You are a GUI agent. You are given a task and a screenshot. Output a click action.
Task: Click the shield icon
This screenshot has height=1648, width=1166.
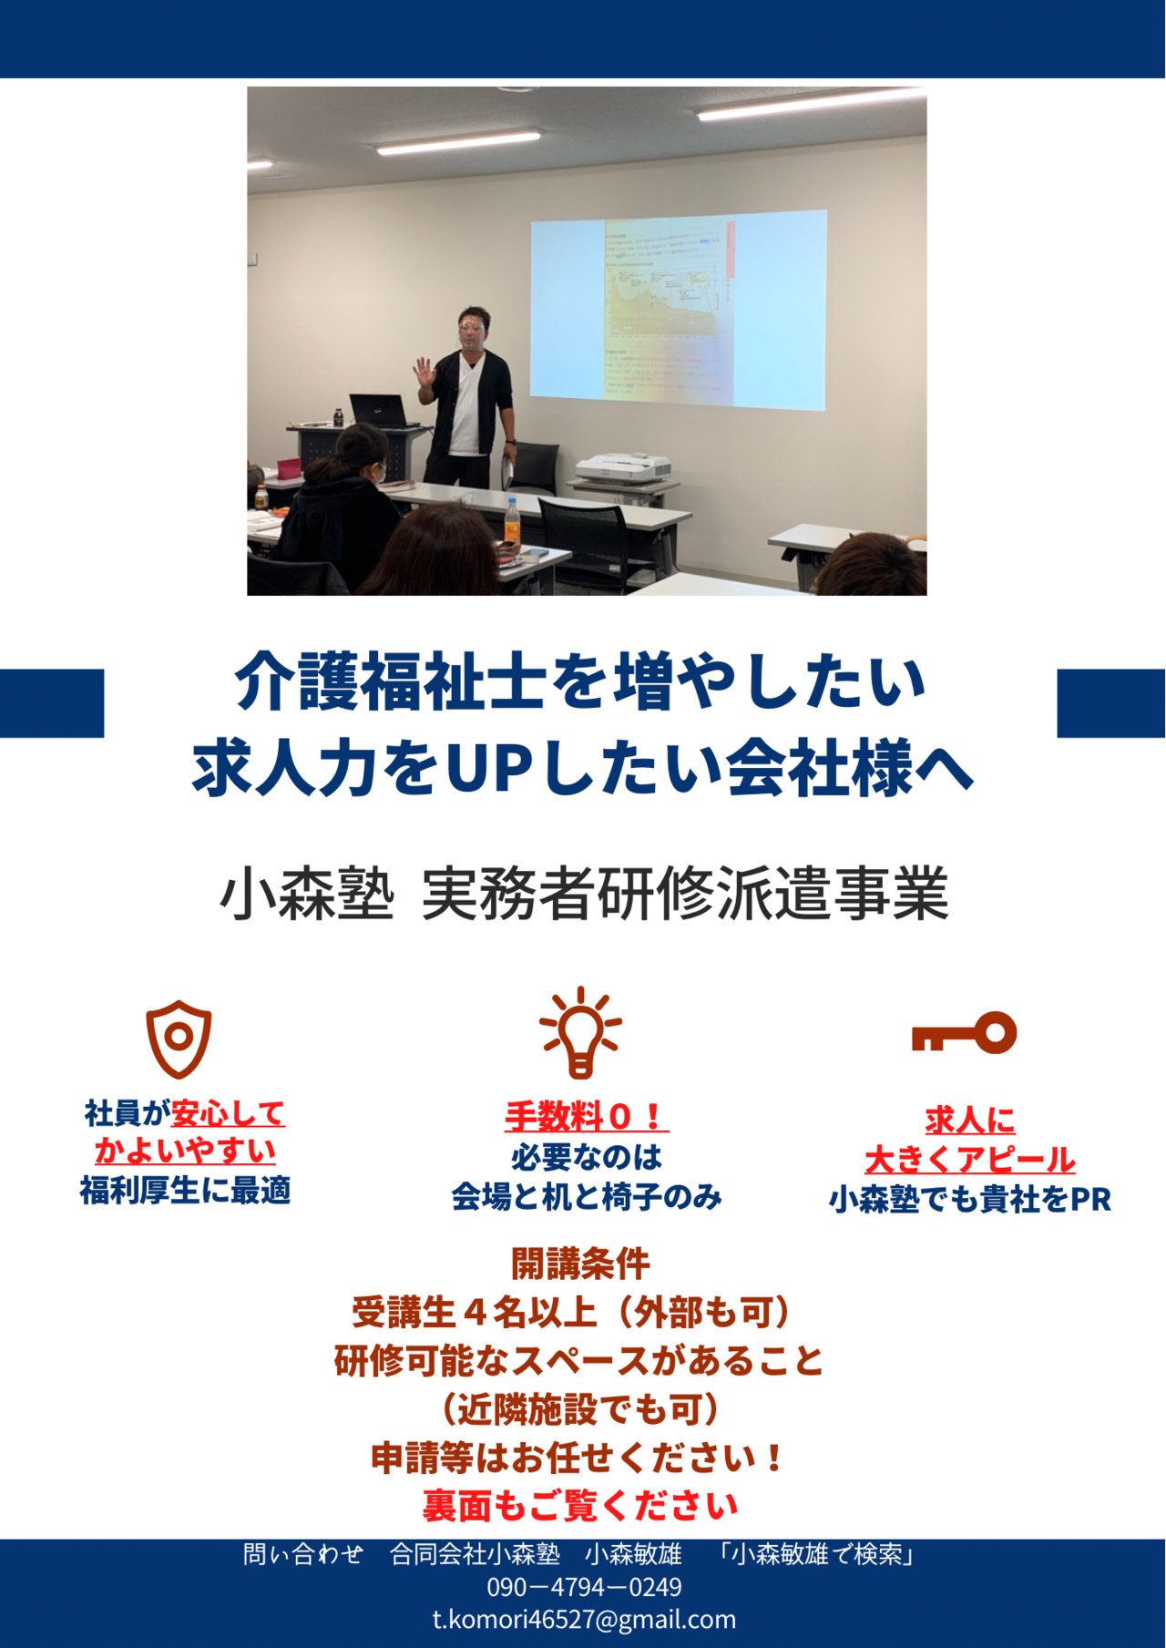point(179,1039)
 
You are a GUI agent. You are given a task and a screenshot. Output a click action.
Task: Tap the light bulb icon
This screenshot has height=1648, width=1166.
point(580,1032)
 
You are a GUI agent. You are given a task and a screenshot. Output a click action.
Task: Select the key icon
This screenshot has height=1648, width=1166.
point(964,1033)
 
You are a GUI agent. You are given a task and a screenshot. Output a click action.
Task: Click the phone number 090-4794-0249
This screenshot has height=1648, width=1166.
point(584,1588)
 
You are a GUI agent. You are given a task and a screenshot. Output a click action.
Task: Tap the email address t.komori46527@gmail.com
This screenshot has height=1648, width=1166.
point(584,1620)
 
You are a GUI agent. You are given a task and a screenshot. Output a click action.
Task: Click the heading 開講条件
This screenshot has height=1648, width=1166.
point(581,1264)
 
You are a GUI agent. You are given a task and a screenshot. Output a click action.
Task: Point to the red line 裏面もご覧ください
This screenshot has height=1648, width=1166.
point(580,1506)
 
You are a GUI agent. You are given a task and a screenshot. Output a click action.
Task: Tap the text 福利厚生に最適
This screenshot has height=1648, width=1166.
point(186,1190)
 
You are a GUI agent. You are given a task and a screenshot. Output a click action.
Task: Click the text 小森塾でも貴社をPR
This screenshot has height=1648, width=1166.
point(970,1200)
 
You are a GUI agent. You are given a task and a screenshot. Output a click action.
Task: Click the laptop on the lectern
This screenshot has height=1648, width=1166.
point(378,411)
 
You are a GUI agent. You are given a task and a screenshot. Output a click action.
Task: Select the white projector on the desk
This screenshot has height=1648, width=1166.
point(622,468)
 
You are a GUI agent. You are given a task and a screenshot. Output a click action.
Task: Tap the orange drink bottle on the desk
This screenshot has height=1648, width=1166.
point(513,524)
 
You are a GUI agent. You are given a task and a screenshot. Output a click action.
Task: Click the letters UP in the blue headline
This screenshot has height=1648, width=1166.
point(489,767)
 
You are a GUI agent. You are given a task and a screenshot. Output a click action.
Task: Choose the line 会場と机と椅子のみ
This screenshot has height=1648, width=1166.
point(587,1196)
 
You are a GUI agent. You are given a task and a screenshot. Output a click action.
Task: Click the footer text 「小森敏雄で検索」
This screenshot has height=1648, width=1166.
point(816,1554)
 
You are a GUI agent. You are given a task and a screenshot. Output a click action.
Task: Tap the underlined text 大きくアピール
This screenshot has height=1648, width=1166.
point(970,1160)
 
